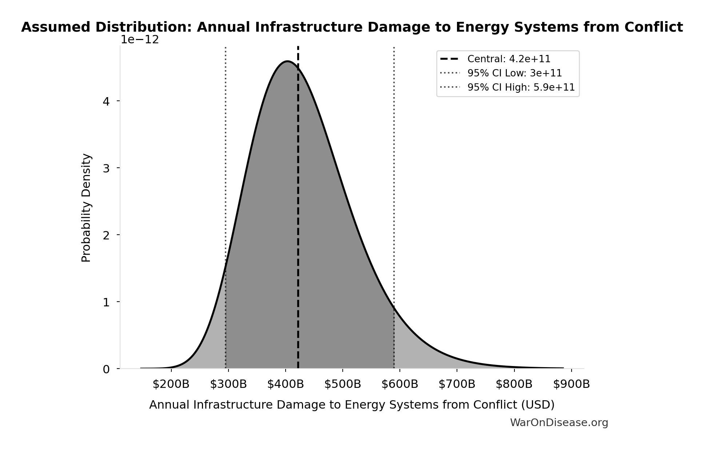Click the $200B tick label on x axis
pyautogui.click(x=171, y=384)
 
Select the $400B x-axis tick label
pyautogui.click(x=285, y=384)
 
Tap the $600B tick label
pyautogui.click(x=399, y=384)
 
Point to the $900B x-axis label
pyautogui.click(x=571, y=384)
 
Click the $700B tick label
pyautogui.click(x=457, y=384)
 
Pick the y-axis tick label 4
pyautogui.click(x=106, y=101)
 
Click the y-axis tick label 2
pyautogui.click(x=106, y=235)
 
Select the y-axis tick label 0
pyautogui.click(x=106, y=369)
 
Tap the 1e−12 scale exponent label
pyautogui.click(x=140, y=40)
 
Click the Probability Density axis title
pyautogui.click(x=86, y=208)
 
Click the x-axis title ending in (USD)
pyautogui.click(x=351, y=405)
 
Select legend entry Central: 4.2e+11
pyautogui.click(x=509, y=59)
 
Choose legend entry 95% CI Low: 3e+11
pyautogui.click(x=514, y=73)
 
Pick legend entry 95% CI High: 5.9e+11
pyautogui.click(x=521, y=87)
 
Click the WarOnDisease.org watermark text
pyautogui.click(x=559, y=422)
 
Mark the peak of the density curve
pyautogui.click(x=287, y=61)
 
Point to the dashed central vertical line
pyautogui.click(x=298, y=218)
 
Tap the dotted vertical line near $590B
pyautogui.click(x=394, y=182)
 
